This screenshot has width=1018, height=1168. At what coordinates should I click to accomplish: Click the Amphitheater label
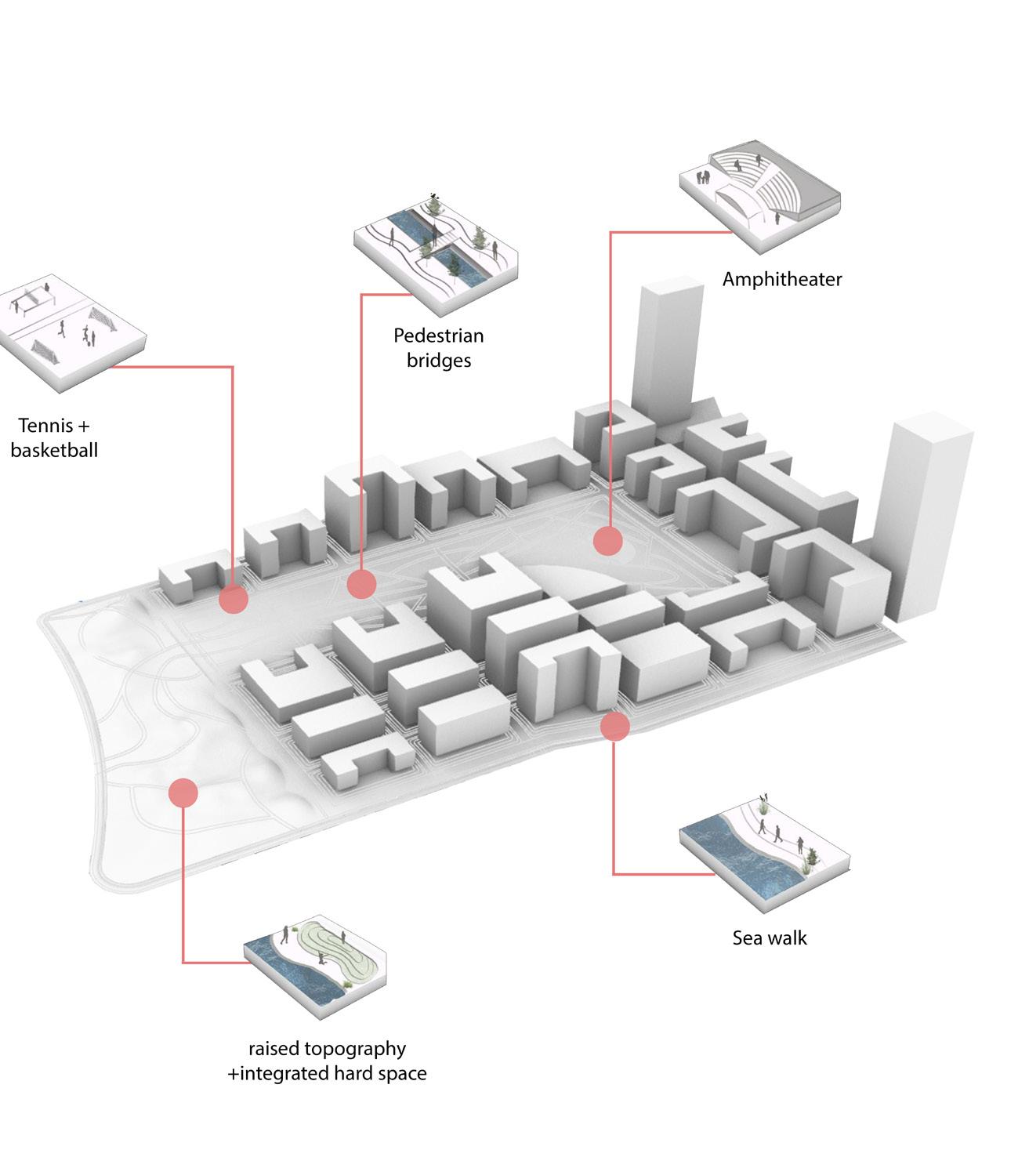click(781, 279)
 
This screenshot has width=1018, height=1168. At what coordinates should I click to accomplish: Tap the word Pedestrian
click(438, 336)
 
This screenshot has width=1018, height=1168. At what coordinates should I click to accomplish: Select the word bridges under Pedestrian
click(438, 361)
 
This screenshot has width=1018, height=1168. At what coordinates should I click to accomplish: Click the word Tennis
click(45, 426)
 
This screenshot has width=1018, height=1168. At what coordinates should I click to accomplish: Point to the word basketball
click(54, 451)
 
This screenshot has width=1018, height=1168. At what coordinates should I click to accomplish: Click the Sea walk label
click(769, 938)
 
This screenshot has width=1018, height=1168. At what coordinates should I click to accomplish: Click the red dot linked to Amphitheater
click(607, 541)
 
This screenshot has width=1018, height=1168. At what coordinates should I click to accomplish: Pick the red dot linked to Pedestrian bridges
click(361, 583)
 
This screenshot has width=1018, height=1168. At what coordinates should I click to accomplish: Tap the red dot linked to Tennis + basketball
click(234, 600)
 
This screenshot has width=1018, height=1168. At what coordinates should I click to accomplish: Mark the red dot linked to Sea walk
click(615, 727)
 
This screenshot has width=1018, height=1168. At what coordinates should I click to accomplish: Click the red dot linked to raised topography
click(183, 793)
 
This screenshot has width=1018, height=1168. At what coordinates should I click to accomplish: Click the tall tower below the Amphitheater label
click(665, 353)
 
